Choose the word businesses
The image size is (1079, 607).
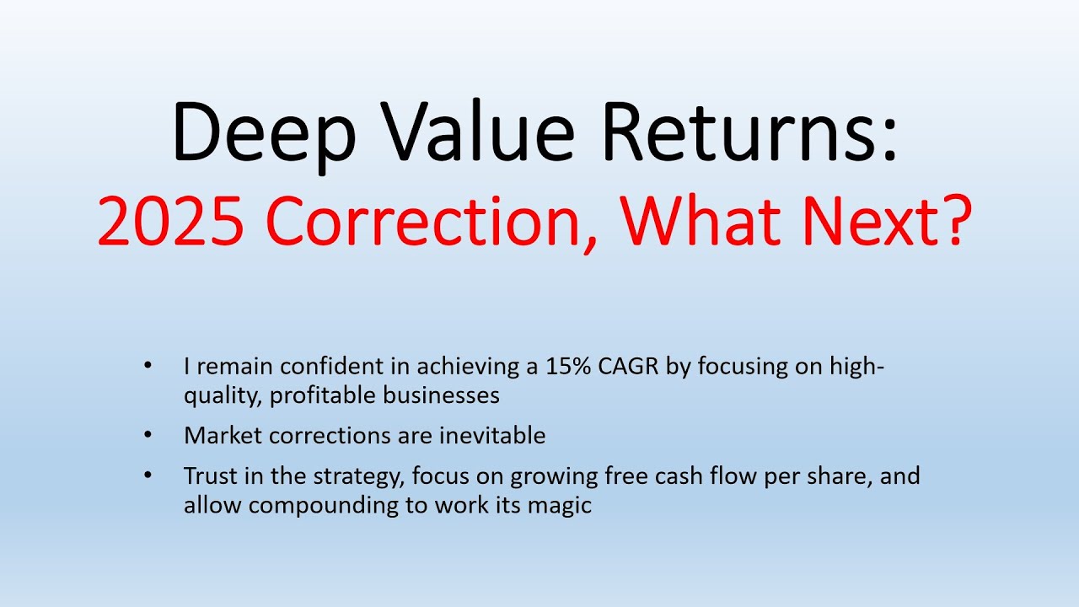(442, 394)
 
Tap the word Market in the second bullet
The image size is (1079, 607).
(219, 435)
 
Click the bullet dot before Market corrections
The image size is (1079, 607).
(149, 435)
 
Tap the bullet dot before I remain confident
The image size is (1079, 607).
(149, 367)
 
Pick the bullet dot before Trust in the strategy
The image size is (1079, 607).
(149, 475)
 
